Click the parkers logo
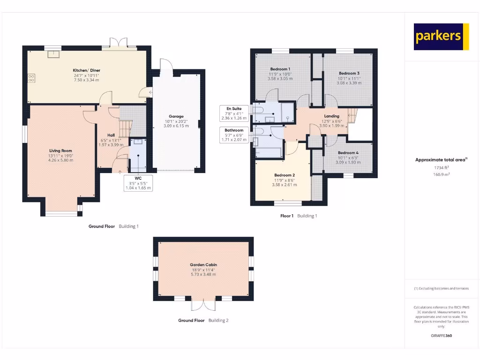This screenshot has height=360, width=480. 441,37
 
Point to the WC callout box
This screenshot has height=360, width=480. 138,183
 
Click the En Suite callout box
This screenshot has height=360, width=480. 234,113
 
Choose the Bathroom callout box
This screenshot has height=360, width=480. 234,135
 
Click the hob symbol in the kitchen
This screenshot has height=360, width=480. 31,78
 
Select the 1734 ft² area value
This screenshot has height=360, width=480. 441,167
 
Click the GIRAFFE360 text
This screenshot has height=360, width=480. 441,336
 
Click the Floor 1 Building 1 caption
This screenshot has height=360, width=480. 299,216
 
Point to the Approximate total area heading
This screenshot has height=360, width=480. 441,160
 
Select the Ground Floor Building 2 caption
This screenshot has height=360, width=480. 203,321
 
